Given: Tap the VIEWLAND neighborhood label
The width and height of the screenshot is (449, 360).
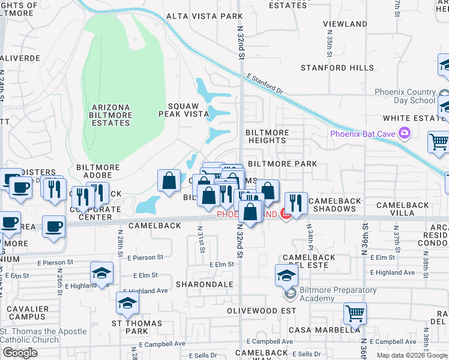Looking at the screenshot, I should tap(345, 24).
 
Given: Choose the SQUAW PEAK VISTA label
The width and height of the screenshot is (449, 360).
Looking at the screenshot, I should tap(183, 109).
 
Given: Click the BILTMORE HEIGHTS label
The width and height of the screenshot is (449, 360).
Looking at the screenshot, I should tap(267, 136).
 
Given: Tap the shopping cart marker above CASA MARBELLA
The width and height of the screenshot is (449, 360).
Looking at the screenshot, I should tap(355, 313).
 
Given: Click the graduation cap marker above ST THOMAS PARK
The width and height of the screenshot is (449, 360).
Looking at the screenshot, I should tap(127, 304).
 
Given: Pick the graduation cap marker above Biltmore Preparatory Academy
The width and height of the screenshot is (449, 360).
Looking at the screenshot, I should tap(286, 275).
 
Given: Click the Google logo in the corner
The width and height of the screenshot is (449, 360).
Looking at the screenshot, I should tap(20, 353).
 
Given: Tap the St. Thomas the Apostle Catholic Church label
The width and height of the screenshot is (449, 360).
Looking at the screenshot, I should tap(43, 335).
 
